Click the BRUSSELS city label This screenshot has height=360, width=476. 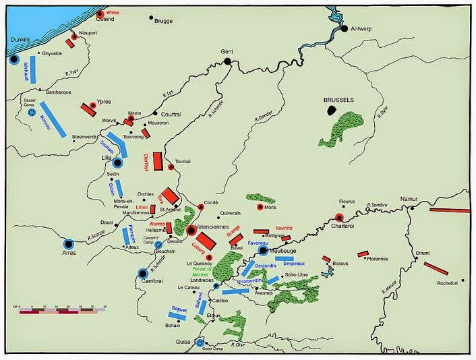(x=338, y=99)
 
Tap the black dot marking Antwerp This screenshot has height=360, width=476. (x=344, y=29)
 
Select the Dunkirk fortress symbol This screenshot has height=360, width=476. (x=13, y=59)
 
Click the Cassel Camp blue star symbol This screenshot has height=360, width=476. (x=31, y=113)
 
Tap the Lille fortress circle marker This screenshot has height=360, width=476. (x=117, y=163)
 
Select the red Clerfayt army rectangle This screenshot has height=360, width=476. (x=158, y=161)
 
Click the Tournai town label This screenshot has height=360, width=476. (x=183, y=161)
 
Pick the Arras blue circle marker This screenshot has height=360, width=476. (x=68, y=244)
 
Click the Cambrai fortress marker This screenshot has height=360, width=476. (x=142, y=273)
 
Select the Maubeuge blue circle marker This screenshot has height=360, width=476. (x=263, y=250)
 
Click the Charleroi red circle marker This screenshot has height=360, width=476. (x=339, y=217)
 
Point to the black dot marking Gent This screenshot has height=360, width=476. (x=228, y=61)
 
